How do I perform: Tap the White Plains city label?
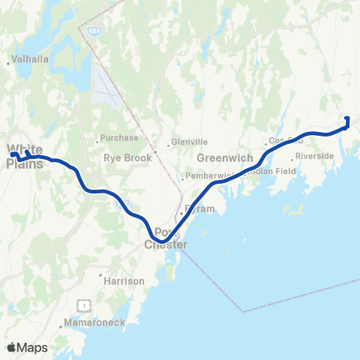click(25, 154)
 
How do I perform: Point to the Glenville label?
click(188, 141)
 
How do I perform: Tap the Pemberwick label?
click(210, 175)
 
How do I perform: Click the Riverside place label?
click(315, 155)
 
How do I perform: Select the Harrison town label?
click(125, 280)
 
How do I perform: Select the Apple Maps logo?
click(27, 347)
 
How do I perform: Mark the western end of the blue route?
click(12, 154)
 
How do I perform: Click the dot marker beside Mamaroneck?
click(61, 326)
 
